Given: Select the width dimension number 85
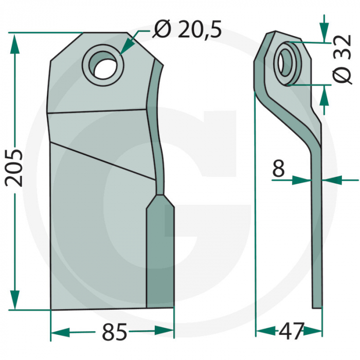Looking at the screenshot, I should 114,333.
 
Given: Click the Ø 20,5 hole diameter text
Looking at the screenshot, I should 187,31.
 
